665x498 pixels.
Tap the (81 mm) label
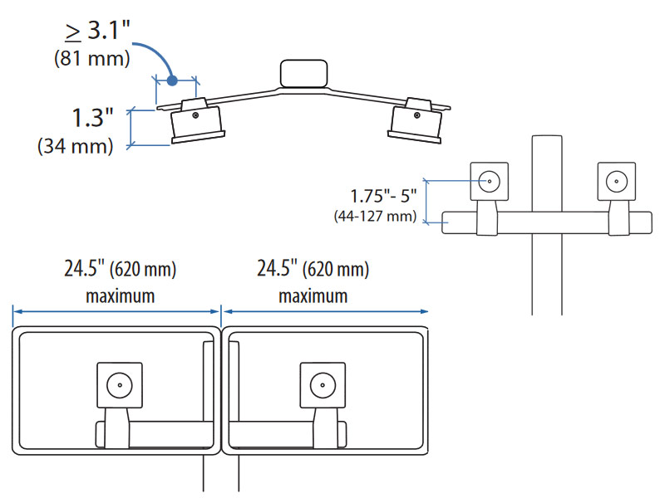tap(92, 60)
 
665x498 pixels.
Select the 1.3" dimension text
tap(91, 118)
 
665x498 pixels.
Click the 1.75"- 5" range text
tap(383, 198)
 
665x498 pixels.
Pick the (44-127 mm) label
tap(374, 217)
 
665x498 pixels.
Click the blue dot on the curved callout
tap(171, 81)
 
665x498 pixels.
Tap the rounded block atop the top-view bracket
tap(305, 73)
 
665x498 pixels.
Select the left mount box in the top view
tap(196, 123)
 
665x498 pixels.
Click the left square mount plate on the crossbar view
tap(490, 181)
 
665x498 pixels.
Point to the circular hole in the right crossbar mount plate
tap(616, 180)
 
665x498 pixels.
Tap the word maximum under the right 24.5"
tap(313, 295)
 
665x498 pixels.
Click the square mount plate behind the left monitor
tap(119, 385)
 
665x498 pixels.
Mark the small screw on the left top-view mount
tap(195, 116)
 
